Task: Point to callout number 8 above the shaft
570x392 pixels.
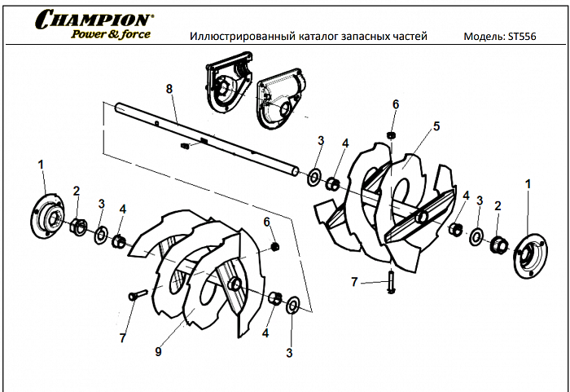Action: point(169,88)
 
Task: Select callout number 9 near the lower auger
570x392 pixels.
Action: point(159,351)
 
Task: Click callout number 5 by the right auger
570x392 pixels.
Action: point(436,126)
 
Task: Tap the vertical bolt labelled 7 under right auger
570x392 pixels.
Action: point(392,282)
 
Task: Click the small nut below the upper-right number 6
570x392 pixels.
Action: point(392,134)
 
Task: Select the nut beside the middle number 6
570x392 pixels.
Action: point(274,246)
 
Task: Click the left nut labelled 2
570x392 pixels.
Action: point(77,225)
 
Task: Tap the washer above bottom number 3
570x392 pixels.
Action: point(293,306)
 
